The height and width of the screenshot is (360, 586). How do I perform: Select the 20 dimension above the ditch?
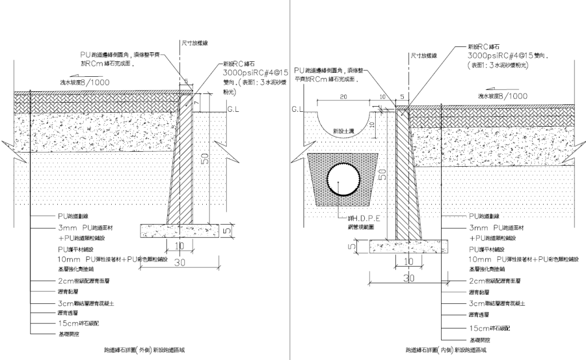pyautogui.click(x=343, y=97)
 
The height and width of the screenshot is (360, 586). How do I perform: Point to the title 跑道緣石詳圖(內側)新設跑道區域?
pyautogui.click(x=440, y=349)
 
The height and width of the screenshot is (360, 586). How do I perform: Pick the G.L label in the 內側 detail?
pyautogui.click(x=296, y=108)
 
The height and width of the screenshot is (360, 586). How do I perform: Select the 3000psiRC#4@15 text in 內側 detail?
pyautogui.click(x=504, y=57)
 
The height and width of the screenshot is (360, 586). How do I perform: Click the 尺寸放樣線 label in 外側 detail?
pyautogui.click(x=193, y=42)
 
